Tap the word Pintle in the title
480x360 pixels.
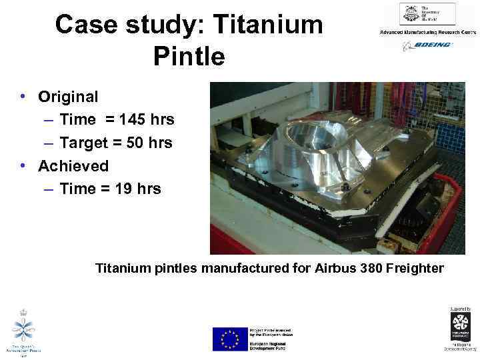coord(189,56)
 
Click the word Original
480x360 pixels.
coord(68,97)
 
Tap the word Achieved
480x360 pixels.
coord(73,165)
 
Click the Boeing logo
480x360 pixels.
coord(427,45)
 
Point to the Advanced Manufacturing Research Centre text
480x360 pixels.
coord(427,32)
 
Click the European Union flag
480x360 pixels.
coord(229,338)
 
